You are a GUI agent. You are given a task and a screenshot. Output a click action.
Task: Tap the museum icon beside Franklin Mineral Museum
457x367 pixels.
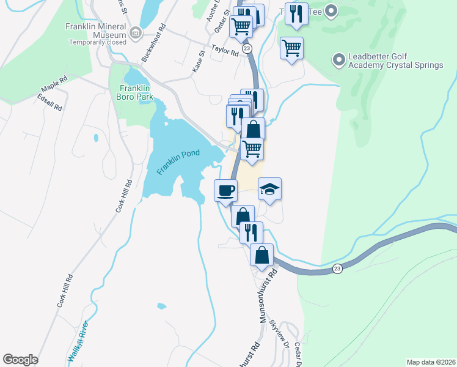tap(136, 33)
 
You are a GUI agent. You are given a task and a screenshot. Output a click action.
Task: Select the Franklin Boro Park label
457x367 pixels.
tap(136, 92)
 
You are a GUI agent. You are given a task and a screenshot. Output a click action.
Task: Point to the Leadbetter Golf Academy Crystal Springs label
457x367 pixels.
tap(395, 61)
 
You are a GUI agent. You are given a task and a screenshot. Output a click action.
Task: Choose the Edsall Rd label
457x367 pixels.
tap(50, 102)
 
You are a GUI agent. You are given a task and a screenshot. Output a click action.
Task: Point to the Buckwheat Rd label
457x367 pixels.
tap(153, 42)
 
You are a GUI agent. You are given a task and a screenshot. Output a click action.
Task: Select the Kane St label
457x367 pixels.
tap(198, 63)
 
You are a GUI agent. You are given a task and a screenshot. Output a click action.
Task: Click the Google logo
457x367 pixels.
tap(20, 360)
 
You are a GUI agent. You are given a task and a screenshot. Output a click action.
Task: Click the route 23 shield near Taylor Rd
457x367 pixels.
tap(246, 48)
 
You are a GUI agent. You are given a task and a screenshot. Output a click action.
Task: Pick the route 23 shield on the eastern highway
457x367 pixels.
tap(337, 269)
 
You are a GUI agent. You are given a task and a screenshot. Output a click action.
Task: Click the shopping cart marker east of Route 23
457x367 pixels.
tap(292, 48)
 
